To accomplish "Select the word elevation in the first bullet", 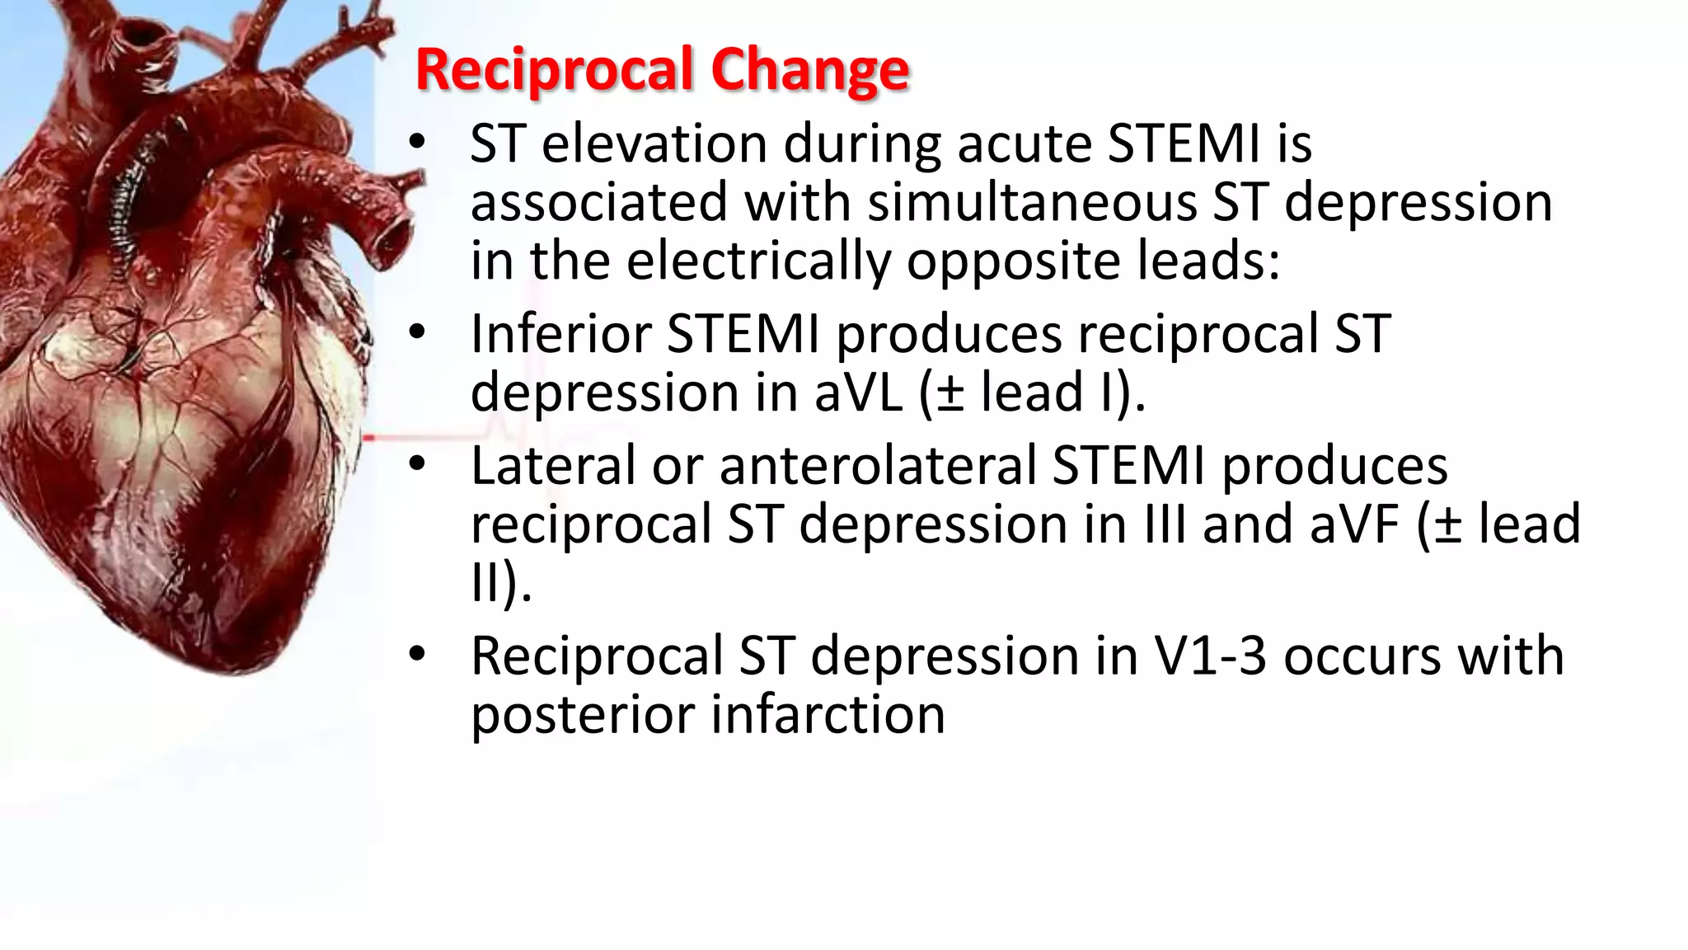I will tap(654, 143).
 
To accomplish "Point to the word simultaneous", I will tap(1032, 202).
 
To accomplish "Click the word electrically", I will tap(757, 261).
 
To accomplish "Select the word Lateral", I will tap(553, 466).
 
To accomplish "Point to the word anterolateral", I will tap(877, 466).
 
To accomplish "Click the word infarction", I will tap(828, 715).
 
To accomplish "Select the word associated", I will tap(599, 202).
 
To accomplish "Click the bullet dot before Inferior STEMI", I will tap(417, 332).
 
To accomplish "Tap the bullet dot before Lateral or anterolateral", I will tap(417, 464).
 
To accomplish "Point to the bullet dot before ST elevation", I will tap(417, 143).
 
